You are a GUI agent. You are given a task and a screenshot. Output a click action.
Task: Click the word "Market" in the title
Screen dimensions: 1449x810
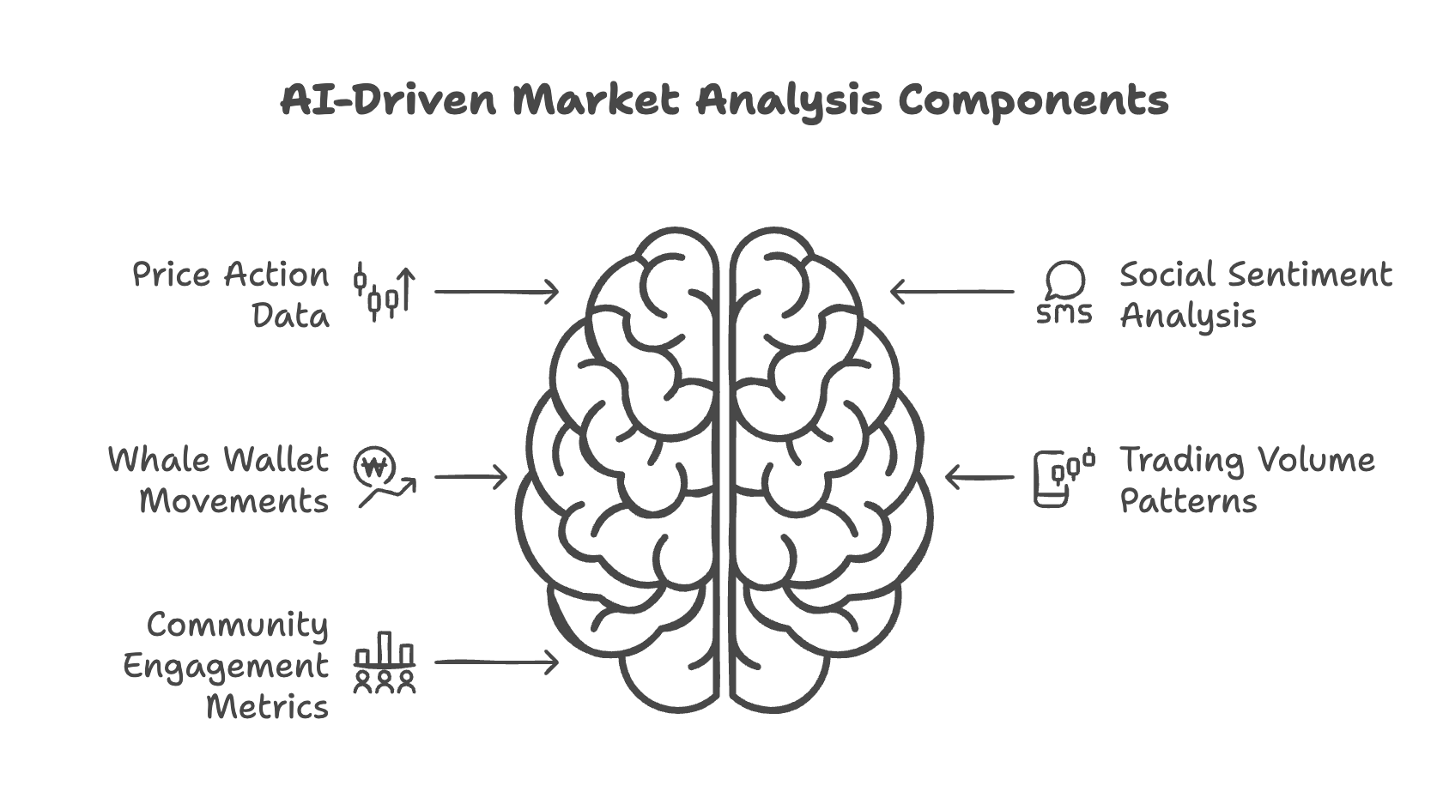pos(596,100)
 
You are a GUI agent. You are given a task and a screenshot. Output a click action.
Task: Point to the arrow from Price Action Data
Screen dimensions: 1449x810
pos(496,292)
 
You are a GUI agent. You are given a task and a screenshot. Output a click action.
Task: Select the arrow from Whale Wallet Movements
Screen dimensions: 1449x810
pos(470,477)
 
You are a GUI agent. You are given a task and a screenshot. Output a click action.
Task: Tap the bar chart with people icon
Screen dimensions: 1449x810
pos(385,662)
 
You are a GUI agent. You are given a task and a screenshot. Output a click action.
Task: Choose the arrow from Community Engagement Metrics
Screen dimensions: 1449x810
pos(496,662)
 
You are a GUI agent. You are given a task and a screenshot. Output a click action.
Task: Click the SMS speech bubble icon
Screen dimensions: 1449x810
pos(1064,293)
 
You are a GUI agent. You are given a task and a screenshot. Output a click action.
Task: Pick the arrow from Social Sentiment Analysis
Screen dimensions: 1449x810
pos(951,292)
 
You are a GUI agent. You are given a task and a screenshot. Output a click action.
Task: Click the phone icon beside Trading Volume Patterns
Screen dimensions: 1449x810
pos(1063,478)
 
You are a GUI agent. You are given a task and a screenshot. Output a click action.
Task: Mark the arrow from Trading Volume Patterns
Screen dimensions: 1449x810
pos(979,477)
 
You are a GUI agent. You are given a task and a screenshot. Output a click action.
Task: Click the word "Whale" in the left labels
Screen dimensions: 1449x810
pos(161,460)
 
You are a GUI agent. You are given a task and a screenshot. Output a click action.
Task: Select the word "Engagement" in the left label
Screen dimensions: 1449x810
pos(226,667)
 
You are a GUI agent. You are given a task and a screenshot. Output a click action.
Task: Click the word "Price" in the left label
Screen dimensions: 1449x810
pos(171,275)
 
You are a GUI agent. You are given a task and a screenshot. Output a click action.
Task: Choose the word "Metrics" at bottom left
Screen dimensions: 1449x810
pos(268,707)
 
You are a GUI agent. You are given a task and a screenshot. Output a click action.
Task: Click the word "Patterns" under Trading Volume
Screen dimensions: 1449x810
pos(1188,501)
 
